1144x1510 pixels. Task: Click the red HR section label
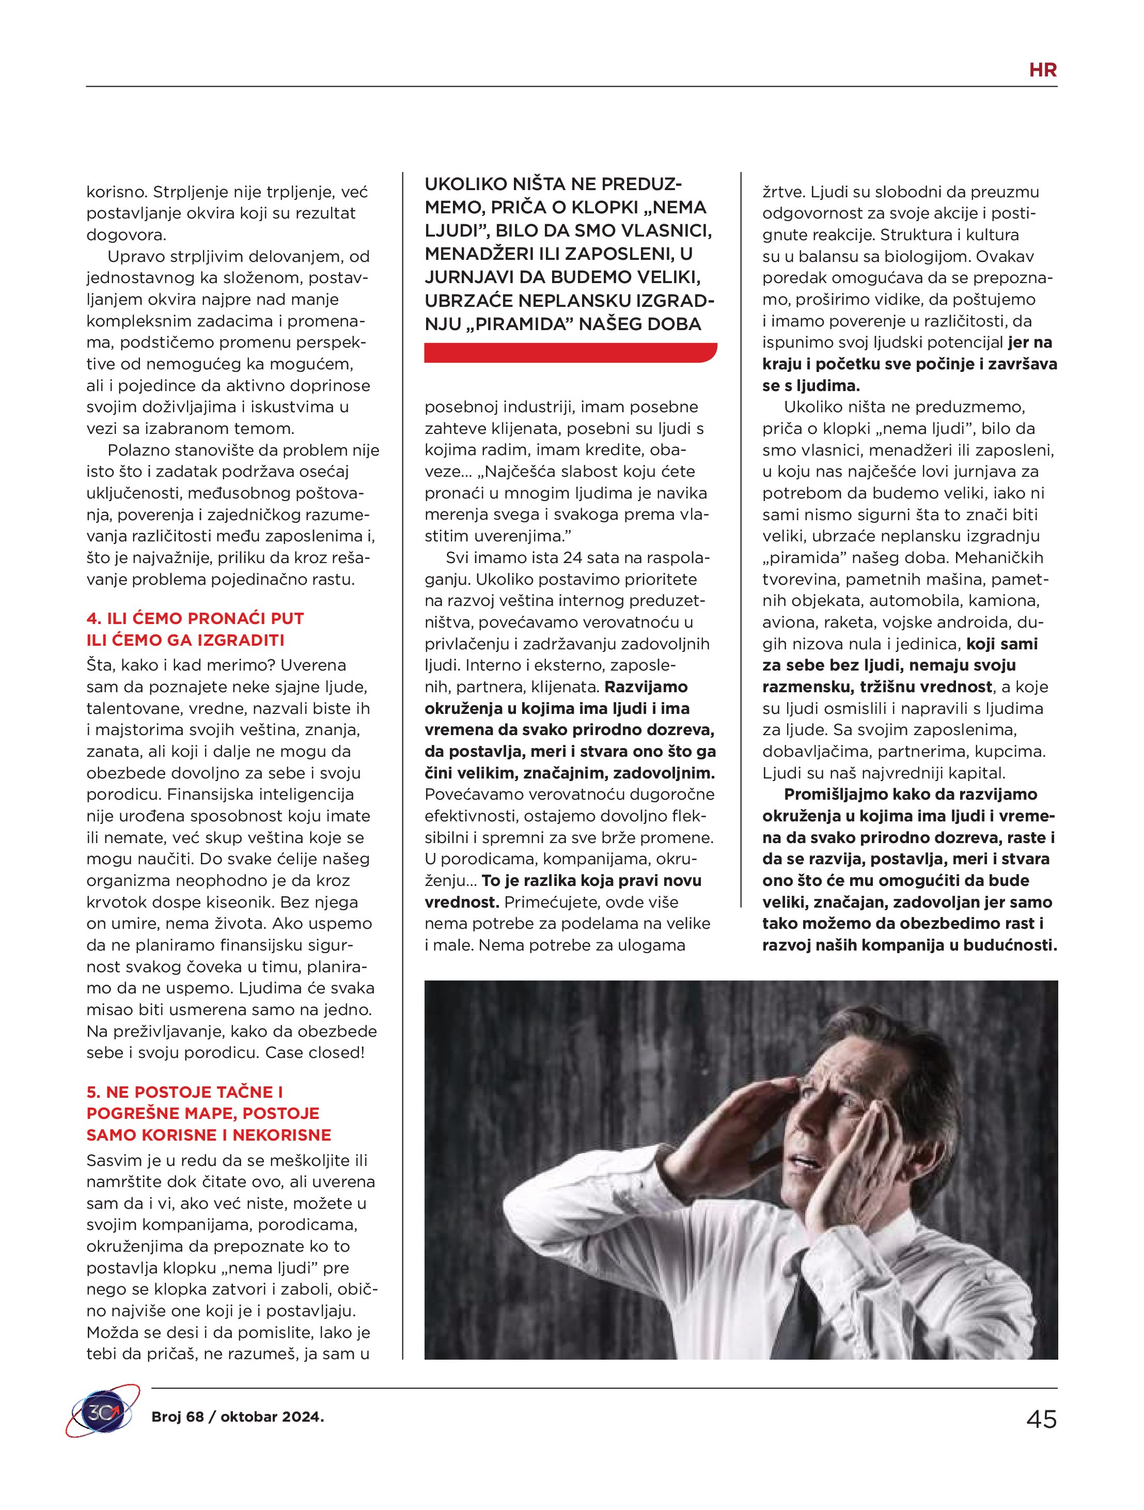click(1042, 70)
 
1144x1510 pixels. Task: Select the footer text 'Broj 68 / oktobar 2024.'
click(238, 1416)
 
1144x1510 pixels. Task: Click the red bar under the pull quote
click(570, 352)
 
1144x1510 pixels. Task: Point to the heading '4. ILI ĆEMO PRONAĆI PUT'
click(195, 618)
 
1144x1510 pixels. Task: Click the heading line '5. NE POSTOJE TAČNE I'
click(184, 1092)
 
